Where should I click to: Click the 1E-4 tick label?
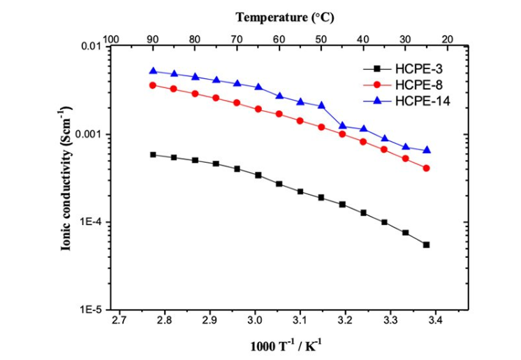[x=91, y=222]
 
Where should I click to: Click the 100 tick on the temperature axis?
[x=111, y=39]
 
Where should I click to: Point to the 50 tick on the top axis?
[x=321, y=39]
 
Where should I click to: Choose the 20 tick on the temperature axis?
[x=447, y=39]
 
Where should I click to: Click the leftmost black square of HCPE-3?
[x=153, y=154]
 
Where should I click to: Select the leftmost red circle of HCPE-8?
[x=153, y=85]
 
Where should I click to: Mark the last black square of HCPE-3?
[x=426, y=245]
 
